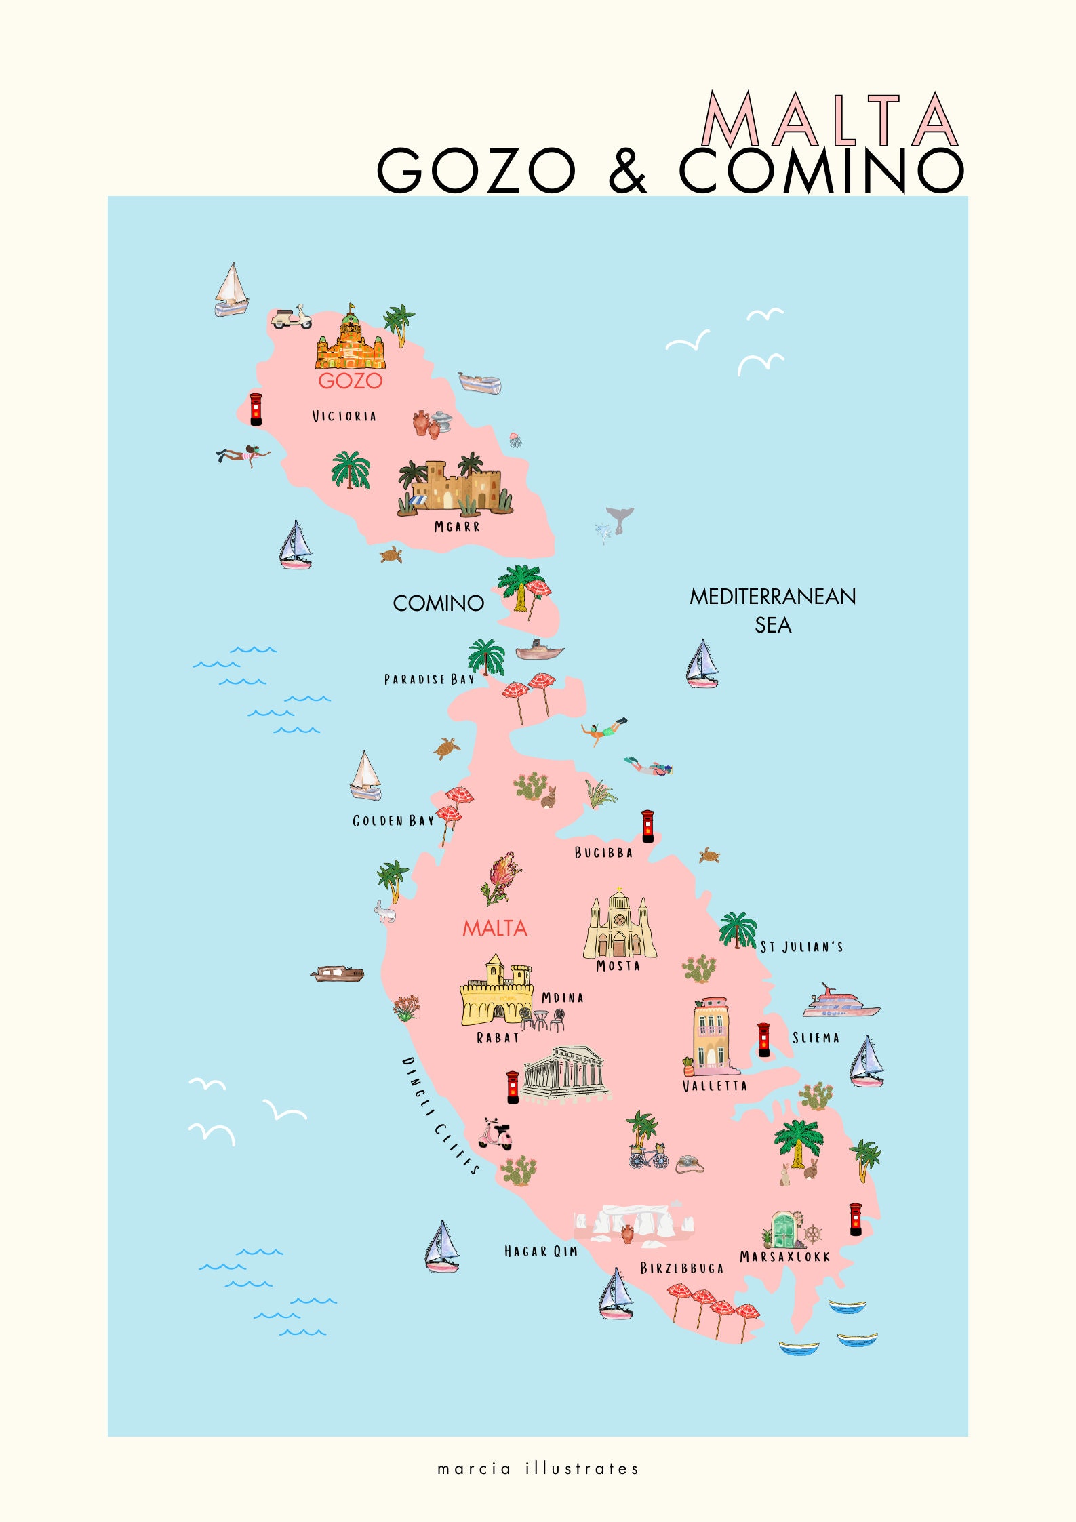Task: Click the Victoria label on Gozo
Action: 344,416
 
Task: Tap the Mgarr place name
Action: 457,526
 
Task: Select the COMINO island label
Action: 438,603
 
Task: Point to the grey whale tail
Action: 620,518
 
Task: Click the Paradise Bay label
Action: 429,679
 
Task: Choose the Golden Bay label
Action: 393,821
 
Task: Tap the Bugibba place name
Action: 603,853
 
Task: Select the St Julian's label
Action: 801,946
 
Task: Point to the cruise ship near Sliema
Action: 841,1002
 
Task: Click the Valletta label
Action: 715,1085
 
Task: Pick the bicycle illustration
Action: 648,1156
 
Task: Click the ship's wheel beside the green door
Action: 812,1234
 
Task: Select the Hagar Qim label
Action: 540,1251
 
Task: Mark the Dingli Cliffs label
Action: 441,1115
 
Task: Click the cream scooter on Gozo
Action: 292,317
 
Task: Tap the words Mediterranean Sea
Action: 773,610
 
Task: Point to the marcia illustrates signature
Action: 538,1469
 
